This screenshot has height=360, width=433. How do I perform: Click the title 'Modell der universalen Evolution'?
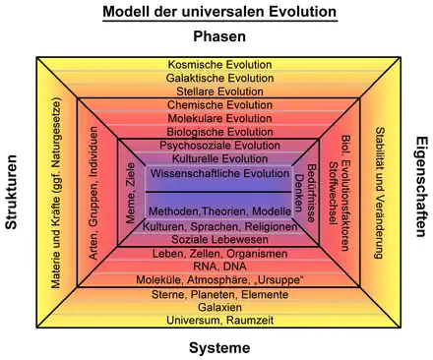coord(219,12)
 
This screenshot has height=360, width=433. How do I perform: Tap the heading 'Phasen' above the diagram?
coord(219,36)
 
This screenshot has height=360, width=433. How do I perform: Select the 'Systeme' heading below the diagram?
coord(219,348)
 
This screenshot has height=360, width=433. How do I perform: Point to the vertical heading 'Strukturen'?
coord(12,192)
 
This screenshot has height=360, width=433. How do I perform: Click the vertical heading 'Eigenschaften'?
coord(421,187)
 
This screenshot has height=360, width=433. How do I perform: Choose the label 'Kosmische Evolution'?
coord(219,65)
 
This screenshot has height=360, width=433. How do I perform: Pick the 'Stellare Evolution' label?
coord(219,91)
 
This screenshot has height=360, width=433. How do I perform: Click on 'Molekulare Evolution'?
coord(219,118)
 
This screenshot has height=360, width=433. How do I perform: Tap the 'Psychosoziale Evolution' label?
coord(219,146)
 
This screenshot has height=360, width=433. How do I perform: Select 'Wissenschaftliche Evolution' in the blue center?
coord(219,173)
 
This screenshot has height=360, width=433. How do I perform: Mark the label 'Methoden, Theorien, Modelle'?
coord(219,211)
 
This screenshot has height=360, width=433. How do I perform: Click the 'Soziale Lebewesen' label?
coord(219,240)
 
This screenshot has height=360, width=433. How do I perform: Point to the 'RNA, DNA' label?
coord(219,267)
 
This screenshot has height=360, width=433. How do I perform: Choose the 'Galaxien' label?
coord(219,308)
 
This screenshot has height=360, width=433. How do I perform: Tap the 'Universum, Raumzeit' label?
coord(219,321)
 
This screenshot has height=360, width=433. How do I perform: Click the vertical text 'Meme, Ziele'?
coord(131,193)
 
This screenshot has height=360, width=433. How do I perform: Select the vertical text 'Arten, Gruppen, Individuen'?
coord(93,194)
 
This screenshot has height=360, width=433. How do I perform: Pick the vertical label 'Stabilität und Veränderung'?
coord(380,193)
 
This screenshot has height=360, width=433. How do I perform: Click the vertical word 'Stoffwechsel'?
coord(334,193)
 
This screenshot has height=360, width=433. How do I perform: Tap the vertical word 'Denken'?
coord(299,193)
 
